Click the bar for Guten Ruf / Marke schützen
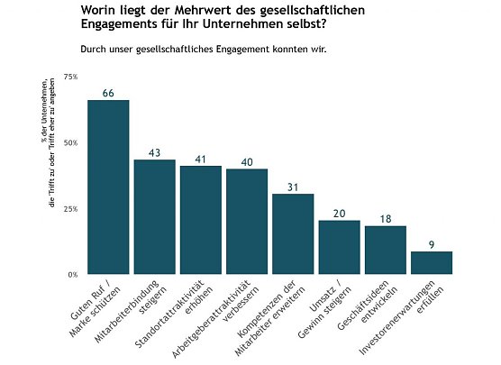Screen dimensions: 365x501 point(108,187)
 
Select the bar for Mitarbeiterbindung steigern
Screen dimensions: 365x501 point(154,216)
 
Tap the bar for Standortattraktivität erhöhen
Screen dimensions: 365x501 point(200,220)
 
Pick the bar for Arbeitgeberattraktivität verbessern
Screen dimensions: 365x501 point(247,221)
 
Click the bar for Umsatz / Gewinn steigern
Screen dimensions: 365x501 point(339,247)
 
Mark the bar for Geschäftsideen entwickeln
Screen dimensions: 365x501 point(385,250)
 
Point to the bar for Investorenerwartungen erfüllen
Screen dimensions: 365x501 point(431,262)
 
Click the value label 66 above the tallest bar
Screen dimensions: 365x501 point(108,93)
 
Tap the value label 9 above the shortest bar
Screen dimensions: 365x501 point(431,244)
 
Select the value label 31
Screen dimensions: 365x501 point(293,187)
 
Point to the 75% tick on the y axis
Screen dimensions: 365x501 point(70,77)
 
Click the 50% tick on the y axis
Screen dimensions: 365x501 point(70,142)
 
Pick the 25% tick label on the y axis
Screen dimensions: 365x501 point(70,208)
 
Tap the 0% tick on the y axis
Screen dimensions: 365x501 point(72,274)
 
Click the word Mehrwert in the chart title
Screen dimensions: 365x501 point(182,10)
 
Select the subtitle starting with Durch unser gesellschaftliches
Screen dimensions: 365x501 point(203,50)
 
